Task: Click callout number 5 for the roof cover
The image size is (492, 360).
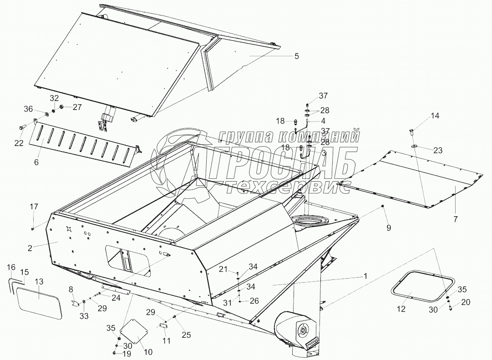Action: (x=296, y=56)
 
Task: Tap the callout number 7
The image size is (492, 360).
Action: (x=456, y=219)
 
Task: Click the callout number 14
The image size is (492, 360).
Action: (x=435, y=116)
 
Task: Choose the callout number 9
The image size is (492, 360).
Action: (x=388, y=228)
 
